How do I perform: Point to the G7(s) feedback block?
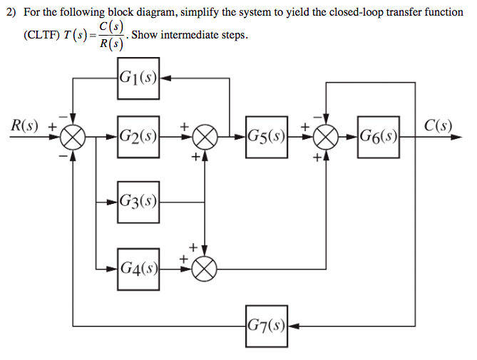tap(267, 328)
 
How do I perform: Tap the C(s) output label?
tap(437, 125)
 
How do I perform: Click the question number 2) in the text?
tap(10, 12)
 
